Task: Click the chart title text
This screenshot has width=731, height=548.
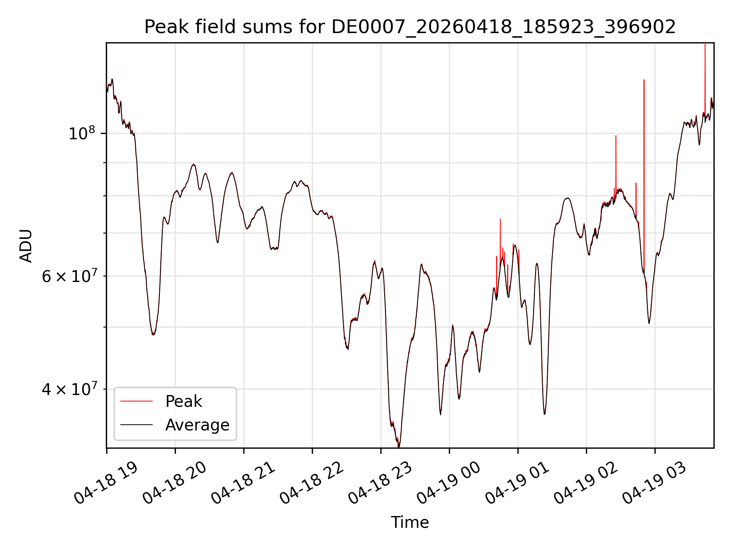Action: (x=410, y=27)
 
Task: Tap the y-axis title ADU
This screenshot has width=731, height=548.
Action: (x=26, y=246)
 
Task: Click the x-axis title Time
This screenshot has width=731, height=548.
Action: (x=410, y=523)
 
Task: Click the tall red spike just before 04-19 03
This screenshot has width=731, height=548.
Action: (x=644, y=175)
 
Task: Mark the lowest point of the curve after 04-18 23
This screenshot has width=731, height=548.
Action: (x=399, y=446)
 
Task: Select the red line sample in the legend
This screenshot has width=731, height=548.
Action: (x=136, y=401)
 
